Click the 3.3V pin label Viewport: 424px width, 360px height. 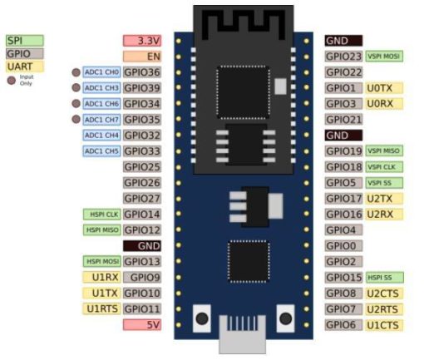click(x=141, y=41)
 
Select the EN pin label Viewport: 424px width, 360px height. click(x=141, y=57)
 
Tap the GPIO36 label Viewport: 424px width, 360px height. click(x=141, y=72)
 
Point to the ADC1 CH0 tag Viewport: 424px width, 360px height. click(x=101, y=72)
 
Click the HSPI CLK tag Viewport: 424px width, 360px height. click(x=101, y=215)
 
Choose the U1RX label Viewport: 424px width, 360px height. click(x=101, y=278)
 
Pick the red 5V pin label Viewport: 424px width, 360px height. click(x=141, y=324)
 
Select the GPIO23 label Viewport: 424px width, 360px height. click(x=343, y=57)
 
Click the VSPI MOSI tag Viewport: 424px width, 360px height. click(x=384, y=57)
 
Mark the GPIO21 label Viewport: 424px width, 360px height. click(x=343, y=120)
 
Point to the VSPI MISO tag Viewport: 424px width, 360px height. click(x=384, y=151)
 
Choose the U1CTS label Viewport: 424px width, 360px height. click(x=384, y=324)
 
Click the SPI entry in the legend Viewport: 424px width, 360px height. click(x=24, y=41)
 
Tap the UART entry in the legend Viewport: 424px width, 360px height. click(x=24, y=66)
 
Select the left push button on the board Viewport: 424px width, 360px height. click(x=200, y=318)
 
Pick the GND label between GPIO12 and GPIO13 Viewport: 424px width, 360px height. click(x=141, y=246)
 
